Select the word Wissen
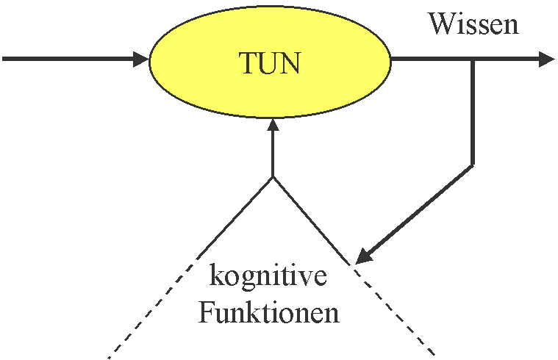(473, 24)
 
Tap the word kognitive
(268, 278)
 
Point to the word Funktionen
(269, 314)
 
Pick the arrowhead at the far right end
(546, 60)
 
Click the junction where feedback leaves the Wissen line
(473, 60)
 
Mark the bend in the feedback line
(473, 164)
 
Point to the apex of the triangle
(273, 176)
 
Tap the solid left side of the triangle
(235, 217)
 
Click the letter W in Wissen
(440, 24)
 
